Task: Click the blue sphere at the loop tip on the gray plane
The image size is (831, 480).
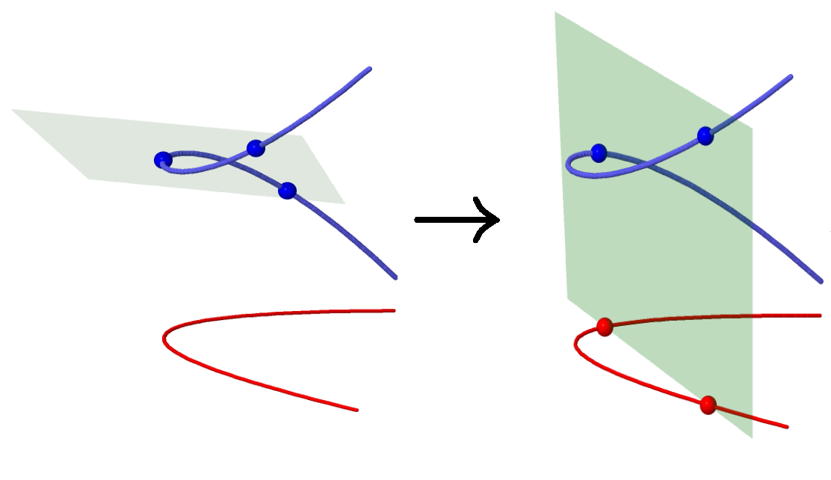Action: (x=163, y=159)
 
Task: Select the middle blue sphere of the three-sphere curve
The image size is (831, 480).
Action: (x=256, y=148)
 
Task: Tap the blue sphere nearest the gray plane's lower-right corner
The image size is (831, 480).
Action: (x=287, y=191)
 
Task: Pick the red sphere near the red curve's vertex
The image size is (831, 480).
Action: (x=605, y=326)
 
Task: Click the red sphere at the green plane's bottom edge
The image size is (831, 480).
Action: (x=708, y=405)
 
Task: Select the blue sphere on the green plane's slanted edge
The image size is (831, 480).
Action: (x=705, y=135)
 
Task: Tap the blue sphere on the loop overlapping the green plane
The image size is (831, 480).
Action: (x=599, y=153)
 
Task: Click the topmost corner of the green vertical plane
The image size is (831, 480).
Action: (x=554, y=12)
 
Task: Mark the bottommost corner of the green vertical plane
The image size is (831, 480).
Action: (x=751, y=437)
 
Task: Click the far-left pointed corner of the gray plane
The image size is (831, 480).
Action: (x=12, y=110)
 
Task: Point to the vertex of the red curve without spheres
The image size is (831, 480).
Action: (x=164, y=340)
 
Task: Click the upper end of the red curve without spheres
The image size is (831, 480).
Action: (x=393, y=310)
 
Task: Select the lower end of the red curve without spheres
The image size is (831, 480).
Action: (x=356, y=410)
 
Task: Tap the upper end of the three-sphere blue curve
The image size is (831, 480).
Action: (x=369, y=68)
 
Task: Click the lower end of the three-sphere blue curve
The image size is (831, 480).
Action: (x=395, y=278)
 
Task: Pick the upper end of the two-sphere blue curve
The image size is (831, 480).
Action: (x=791, y=76)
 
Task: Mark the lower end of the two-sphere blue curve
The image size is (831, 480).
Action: (x=821, y=283)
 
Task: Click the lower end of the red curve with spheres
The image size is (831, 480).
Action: (x=787, y=427)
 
